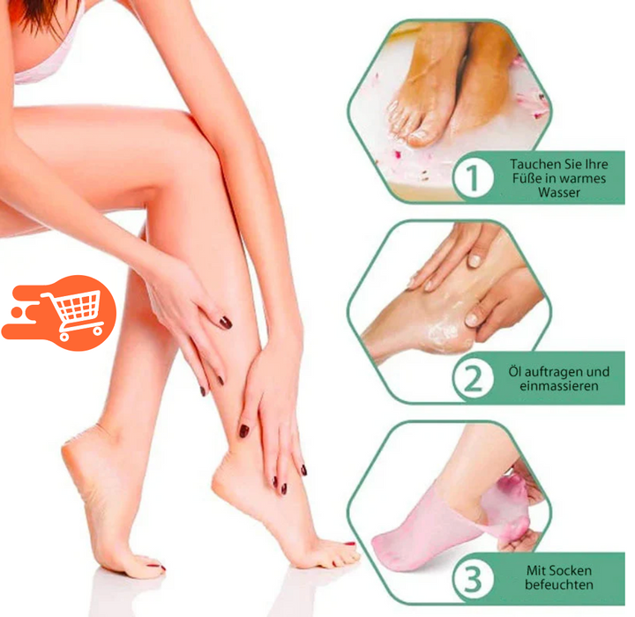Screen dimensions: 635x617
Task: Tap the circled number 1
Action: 473,177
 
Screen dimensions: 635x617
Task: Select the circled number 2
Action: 473,378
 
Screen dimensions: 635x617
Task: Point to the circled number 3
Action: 473,578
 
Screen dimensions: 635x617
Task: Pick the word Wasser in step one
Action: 559,192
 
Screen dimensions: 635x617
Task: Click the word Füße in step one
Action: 526,178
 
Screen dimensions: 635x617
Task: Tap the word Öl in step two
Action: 515,371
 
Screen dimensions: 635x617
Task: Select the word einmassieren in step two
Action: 559,385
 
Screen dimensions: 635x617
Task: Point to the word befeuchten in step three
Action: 559,584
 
